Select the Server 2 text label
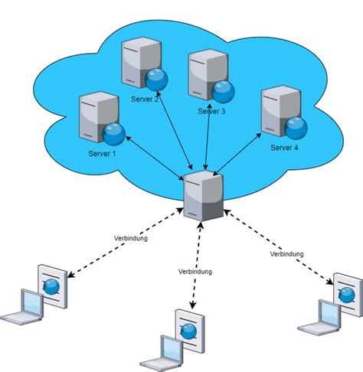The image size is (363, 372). [146, 99]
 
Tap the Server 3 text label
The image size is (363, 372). [212, 111]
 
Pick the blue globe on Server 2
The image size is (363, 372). [157, 79]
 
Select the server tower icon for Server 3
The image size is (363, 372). [205, 73]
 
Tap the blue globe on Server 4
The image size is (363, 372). [296, 127]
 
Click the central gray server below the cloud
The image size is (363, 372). [204, 196]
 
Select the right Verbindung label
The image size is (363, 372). [287, 253]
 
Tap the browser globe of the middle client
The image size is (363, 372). [188, 330]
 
